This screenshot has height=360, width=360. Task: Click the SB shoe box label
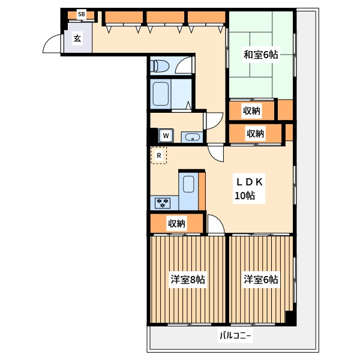tap(81, 14)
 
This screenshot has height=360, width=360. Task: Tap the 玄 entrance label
tap(77, 38)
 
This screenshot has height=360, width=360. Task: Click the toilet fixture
tap(160, 65)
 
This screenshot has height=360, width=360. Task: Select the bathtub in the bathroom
tap(160, 94)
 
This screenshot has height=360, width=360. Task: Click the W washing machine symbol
tap(166, 136)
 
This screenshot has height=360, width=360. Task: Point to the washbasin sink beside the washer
tap(192, 137)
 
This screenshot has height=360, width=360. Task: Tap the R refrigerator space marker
tap(159, 155)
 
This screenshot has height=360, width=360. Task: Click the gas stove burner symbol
tap(163, 203)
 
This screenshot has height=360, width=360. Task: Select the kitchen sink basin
tap(189, 184)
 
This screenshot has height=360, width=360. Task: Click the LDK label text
tap(250, 182)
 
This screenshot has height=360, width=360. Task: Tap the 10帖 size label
tap(245, 196)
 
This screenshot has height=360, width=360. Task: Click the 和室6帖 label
tap(260, 55)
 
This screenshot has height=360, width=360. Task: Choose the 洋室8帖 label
tap(188, 280)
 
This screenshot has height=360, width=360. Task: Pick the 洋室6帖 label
tap(261, 280)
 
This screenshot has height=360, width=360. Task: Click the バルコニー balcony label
tap(235, 335)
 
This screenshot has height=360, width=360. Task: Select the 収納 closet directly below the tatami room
tap(251, 110)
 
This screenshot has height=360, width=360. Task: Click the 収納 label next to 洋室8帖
tap(176, 223)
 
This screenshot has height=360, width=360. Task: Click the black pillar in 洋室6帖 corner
tap(290, 318)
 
